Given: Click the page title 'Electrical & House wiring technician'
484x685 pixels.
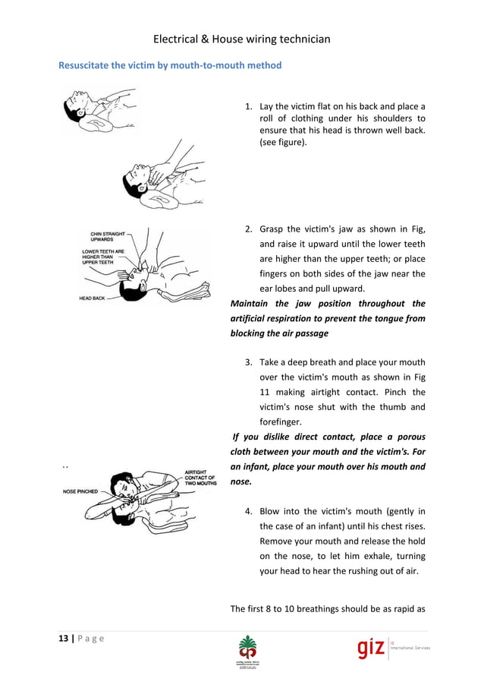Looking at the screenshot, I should pos(242,39).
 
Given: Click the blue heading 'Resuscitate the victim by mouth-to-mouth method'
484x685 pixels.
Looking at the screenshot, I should pos(170,65).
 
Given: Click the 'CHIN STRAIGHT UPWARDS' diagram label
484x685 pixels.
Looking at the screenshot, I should pos(108,236).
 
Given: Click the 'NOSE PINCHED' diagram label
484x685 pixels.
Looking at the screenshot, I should pos(80,491).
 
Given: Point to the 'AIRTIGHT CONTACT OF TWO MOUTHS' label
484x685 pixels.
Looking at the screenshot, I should pos(201,477).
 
